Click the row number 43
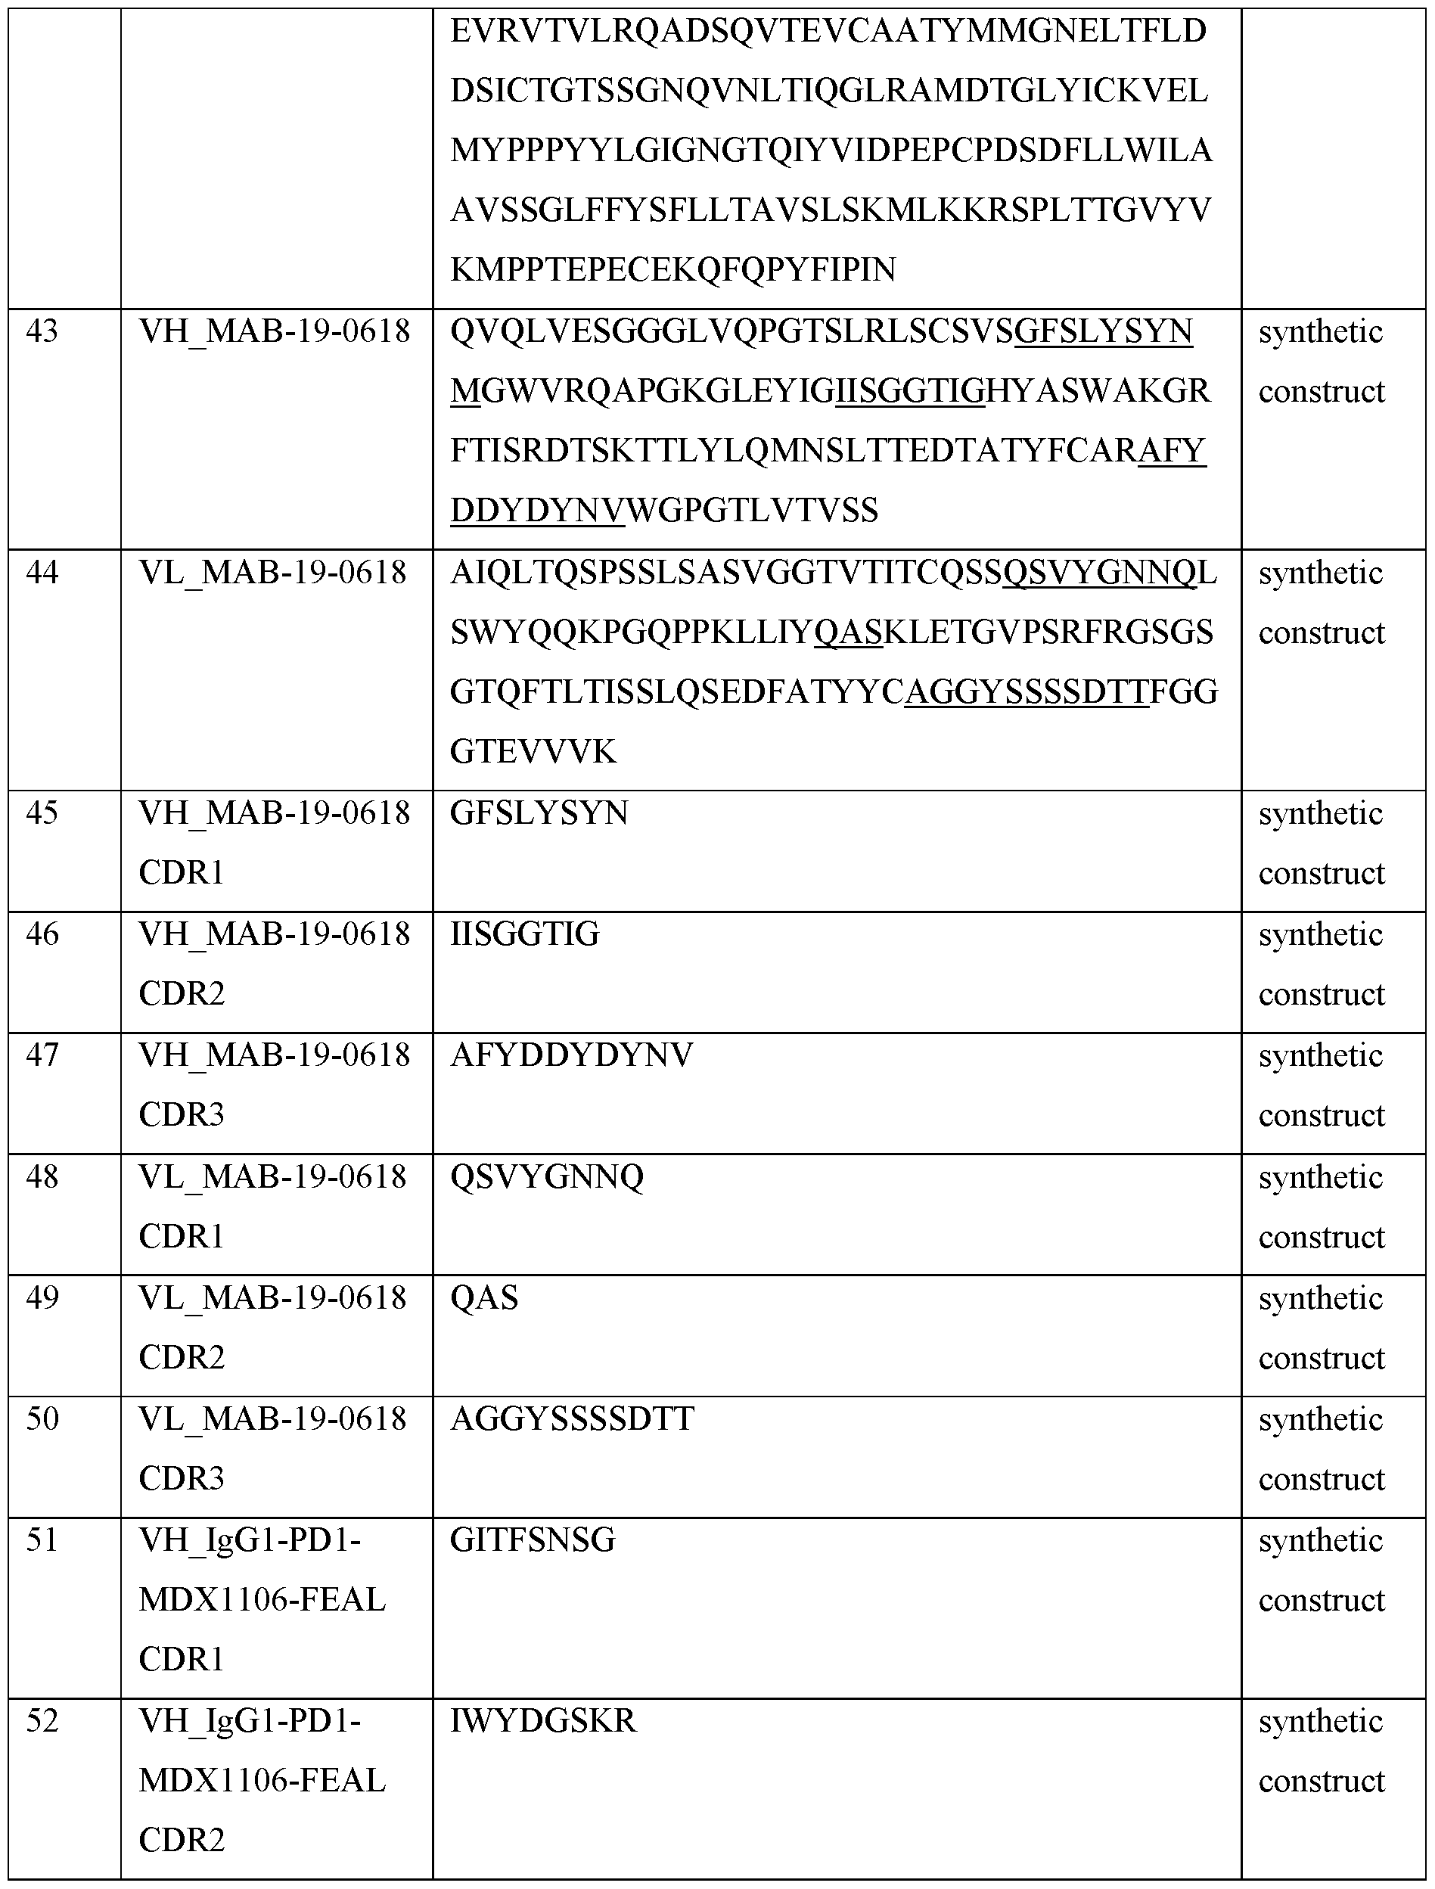[x=42, y=331]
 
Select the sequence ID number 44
[x=42, y=572]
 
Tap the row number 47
[x=42, y=1055]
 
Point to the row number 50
[x=42, y=1419]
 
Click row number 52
[x=42, y=1722]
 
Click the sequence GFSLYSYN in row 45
[x=539, y=813]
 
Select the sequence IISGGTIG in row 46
[x=524, y=934]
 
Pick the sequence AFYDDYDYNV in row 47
[x=571, y=1055]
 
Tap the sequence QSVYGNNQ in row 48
[x=547, y=1177]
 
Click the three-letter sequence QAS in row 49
[x=484, y=1298]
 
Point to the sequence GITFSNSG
[x=532, y=1540]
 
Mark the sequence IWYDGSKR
[x=543, y=1722]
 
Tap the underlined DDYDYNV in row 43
[x=537, y=511]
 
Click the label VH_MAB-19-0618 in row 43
[x=274, y=331]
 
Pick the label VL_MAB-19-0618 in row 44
[x=272, y=572]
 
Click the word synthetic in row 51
[x=1320, y=1540]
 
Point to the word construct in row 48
[x=1322, y=1238]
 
